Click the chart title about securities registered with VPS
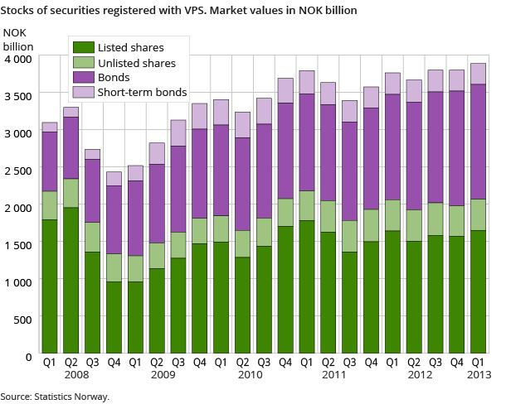(178, 11)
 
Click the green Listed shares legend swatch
(83, 46)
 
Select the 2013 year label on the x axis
(479, 374)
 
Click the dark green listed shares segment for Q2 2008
(71, 281)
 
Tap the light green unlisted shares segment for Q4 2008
(114, 267)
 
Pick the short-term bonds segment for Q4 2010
(285, 90)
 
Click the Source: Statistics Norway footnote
(55, 397)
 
